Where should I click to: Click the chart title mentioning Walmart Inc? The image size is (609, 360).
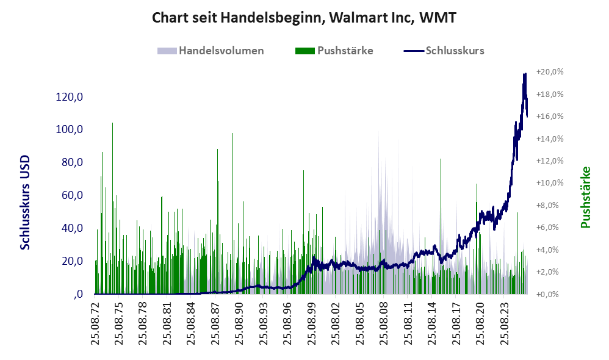tap(304, 18)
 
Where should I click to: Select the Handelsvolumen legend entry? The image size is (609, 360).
tap(211, 51)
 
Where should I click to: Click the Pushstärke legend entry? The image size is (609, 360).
tap(334, 51)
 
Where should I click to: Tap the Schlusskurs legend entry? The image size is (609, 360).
tap(444, 51)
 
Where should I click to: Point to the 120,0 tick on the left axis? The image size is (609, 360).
tap(70, 96)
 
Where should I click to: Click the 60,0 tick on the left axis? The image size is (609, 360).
tap(72, 195)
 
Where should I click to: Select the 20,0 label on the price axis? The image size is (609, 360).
tap(72, 261)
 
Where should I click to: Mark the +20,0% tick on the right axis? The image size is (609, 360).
tap(550, 72)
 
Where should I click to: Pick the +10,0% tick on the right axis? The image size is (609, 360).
tap(550, 183)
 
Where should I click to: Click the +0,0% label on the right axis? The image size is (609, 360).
tap(547, 294)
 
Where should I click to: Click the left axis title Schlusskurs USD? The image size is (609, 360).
tap(25, 203)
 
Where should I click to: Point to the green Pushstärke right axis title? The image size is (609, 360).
tap(585, 197)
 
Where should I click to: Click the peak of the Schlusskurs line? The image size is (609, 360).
tap(525, 74)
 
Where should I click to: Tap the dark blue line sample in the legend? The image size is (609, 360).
tap(414, 51)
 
